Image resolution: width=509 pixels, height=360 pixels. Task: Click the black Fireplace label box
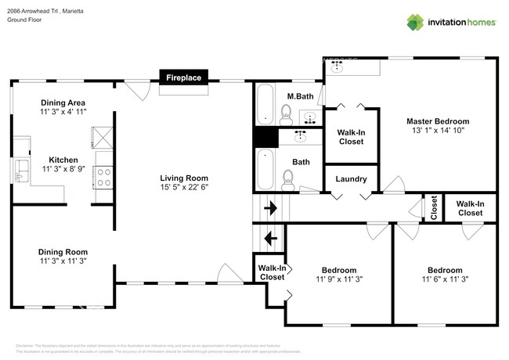[x=182, y=77]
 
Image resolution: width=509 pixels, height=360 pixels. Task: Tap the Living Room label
[x=183, y=178]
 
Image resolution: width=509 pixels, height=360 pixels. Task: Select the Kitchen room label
[x=63, y=160]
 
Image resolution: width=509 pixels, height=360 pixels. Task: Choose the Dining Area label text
[x=63, y=103]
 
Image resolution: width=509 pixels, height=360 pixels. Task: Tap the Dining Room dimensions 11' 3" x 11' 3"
[x=63, y=261]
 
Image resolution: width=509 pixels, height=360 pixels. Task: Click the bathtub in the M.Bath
[x=265, y=105]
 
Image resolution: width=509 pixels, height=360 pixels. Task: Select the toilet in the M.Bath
[x=287, y=118]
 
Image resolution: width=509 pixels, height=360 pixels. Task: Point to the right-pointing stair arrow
[x=270, y=209]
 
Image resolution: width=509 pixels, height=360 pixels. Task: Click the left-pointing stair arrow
[x=270, y=238]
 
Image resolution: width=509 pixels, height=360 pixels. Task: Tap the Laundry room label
[x=351, y=179]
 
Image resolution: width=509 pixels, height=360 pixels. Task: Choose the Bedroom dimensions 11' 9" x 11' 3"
[x=339, y=279]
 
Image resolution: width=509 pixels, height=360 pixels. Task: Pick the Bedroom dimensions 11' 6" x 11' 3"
[x=444, y=279]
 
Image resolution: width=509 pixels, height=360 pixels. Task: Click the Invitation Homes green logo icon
[x=416, y=22]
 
